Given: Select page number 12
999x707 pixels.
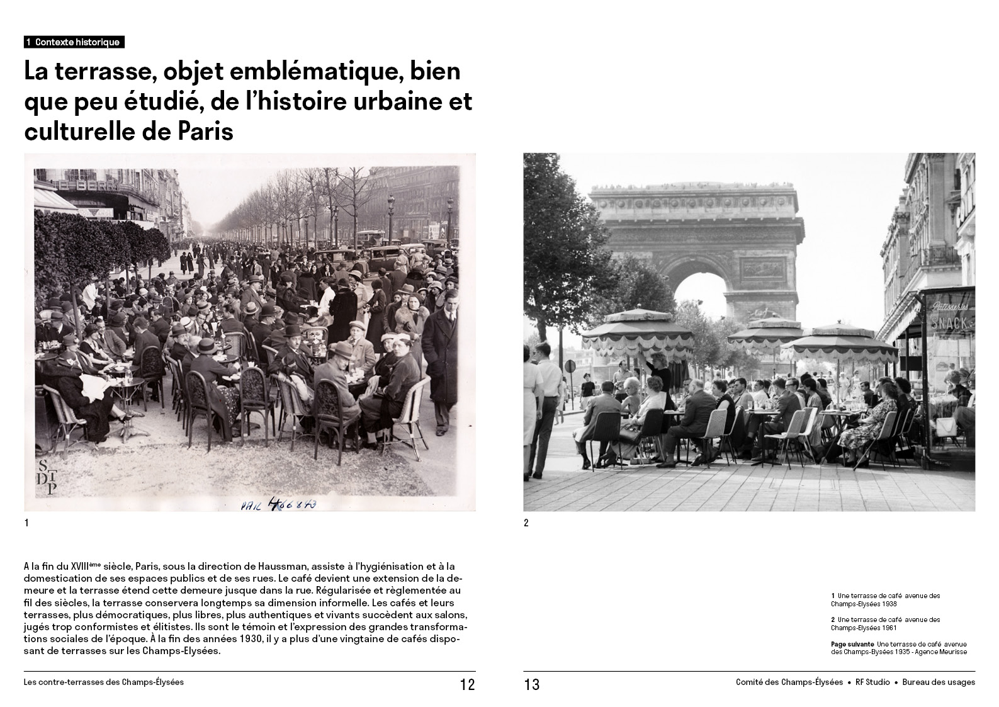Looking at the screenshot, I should (467, 685).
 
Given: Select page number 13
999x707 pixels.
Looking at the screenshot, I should (532, 685).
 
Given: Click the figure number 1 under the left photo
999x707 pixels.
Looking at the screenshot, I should (26, 523).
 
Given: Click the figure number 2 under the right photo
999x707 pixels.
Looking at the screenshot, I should (526, 523).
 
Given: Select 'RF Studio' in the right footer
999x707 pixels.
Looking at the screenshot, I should (872, 682).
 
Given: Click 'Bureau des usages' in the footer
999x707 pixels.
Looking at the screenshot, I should (939, 682).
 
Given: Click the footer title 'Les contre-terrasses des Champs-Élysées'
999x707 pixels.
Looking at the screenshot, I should (103, 682).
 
